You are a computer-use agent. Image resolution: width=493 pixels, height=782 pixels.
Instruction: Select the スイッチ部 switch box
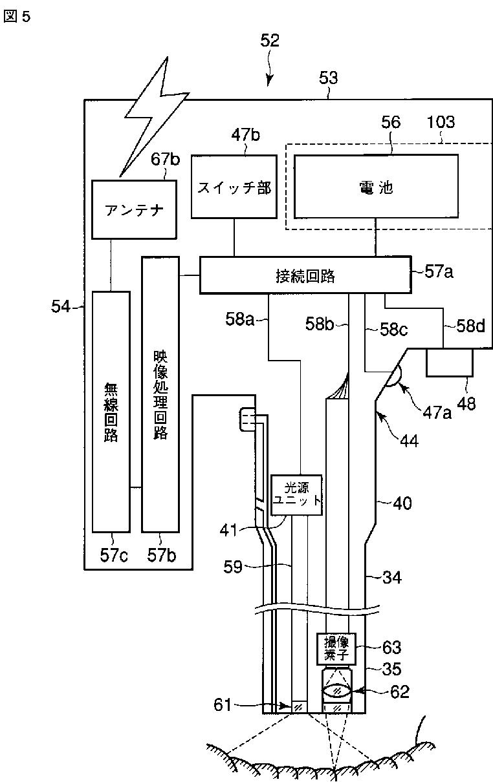tap(234, 187)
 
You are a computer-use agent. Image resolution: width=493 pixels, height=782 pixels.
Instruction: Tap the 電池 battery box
tap(376, 187)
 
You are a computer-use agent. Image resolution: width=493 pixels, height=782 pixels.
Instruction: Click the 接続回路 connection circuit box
tap(305, 276)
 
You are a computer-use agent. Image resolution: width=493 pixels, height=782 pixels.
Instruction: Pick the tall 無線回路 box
tap(111, 411)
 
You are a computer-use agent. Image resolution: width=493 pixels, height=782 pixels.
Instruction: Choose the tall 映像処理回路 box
tap(160, 394)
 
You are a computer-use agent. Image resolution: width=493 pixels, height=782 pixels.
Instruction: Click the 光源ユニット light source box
tap(297, 494)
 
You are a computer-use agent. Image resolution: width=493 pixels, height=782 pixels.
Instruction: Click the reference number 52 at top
tap(270, 41)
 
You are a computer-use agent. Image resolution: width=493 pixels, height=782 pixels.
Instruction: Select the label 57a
tap(439, 272)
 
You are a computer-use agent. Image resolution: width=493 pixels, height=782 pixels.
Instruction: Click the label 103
tap(441, 122)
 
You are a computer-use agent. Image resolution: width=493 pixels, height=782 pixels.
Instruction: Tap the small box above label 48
tap(450, 362)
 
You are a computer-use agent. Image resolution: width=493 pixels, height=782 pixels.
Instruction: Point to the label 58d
tap(470, 326)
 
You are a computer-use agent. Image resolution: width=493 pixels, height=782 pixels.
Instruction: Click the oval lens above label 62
tap(336, 690)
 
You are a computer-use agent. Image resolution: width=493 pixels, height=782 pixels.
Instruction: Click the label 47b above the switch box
tap(245, 135)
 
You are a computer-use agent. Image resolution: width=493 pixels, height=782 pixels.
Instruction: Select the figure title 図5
tap(17, 17)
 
